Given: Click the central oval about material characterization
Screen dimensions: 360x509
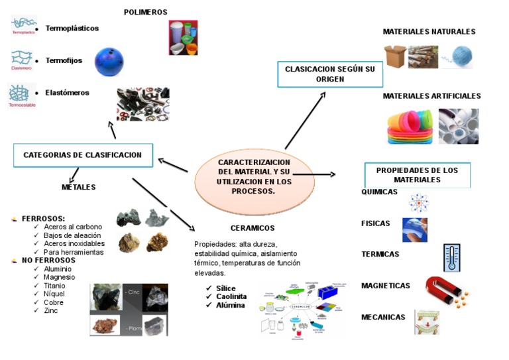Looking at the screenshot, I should click(245, 176).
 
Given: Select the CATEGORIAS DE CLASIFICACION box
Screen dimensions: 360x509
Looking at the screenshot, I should click(83, 155).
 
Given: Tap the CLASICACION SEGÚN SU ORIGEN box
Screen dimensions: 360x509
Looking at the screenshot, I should click(330, 74).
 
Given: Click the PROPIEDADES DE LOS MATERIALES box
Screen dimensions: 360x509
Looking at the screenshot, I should click(417, 175).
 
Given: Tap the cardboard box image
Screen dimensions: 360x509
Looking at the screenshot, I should click(395, 57).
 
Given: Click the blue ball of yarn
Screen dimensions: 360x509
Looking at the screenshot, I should click(458, 57).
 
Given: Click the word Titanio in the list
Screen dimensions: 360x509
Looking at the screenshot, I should click(54, 286).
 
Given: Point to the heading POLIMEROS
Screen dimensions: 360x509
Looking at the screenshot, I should click(145, 12).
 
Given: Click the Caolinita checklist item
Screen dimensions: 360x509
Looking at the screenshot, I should click(231, 296).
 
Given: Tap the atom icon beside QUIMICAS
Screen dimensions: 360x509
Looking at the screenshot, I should click(419, 202).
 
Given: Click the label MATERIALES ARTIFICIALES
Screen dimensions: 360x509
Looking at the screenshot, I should click(431, 96).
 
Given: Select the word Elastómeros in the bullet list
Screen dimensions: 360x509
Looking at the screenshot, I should click(67, 93).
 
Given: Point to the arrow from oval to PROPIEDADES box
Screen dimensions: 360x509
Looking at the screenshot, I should click(315, 174).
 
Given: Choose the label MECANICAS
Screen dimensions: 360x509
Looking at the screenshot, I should click(383, 317).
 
